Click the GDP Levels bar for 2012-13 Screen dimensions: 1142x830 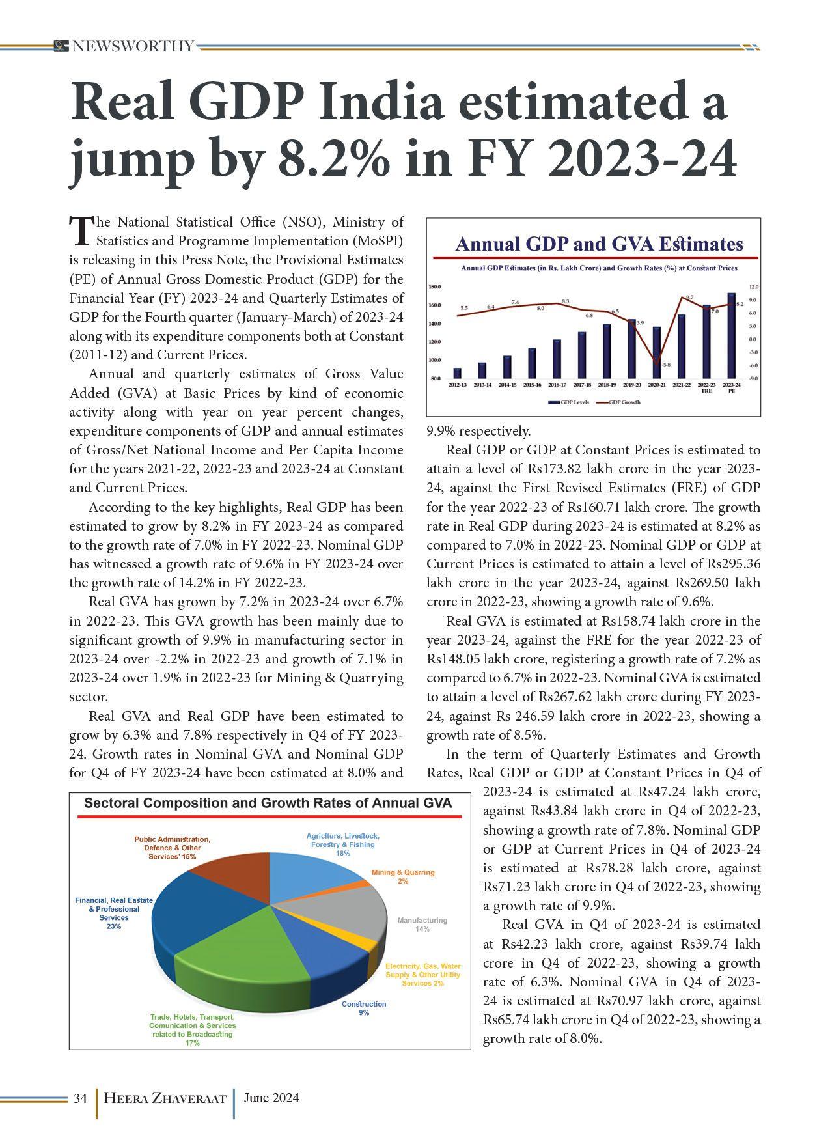pos(457,373)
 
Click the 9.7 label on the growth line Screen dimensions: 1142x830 pos(689,297)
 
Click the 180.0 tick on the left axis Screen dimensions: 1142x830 pos(435,286)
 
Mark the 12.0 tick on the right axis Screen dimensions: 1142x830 pos(753,286)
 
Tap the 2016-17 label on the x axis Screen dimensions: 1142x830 pos(557,385)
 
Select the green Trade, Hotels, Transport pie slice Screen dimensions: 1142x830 pos(254,957)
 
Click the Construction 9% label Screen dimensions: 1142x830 pos(364,1009)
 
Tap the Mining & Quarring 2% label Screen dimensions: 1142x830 pos(403,876)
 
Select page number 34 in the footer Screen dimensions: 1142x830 pos(80,1098)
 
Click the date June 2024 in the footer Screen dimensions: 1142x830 pos(271,1098)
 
